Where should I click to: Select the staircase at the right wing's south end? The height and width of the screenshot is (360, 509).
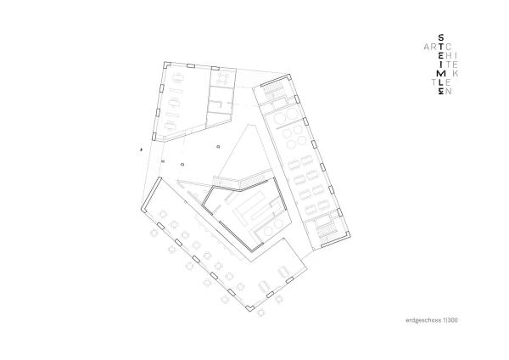326,228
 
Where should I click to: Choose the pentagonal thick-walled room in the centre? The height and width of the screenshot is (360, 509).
244,212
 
